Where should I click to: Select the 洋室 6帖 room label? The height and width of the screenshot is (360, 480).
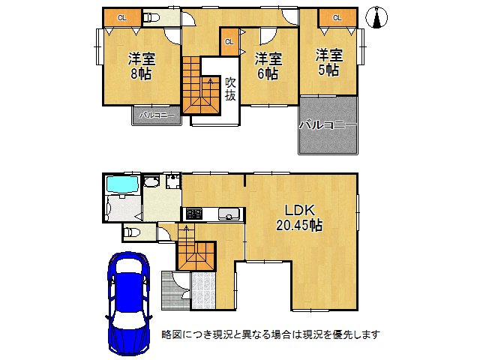(267, 66)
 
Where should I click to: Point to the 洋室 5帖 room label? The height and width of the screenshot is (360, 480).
(328, 61)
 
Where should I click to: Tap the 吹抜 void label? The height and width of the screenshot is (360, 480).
(230, 89)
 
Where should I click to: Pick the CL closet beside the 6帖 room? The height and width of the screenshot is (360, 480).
(229, 42)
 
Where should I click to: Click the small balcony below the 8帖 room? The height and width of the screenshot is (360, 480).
(157, 116)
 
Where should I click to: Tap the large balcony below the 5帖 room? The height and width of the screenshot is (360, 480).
(328, 125)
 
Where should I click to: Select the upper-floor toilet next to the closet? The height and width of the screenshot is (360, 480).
(151, 17)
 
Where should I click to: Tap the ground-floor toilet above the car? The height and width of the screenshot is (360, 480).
(132, 232)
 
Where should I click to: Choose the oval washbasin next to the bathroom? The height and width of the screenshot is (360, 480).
(151, 182)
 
